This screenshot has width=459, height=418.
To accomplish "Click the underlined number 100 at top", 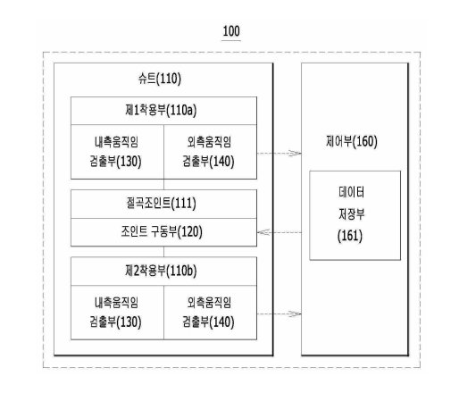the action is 231,31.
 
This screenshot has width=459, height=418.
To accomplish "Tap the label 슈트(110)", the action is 160,79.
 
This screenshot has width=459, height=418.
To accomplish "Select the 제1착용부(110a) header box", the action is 163,111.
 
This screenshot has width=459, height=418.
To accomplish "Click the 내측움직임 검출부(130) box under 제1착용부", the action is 117,152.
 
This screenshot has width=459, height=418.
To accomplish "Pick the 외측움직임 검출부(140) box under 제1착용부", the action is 210,152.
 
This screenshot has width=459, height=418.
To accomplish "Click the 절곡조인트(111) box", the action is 163,204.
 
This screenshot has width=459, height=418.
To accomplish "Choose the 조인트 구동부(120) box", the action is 163,232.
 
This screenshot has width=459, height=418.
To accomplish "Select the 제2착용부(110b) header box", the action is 163,272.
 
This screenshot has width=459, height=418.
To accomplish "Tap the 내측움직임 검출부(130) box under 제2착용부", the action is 117,313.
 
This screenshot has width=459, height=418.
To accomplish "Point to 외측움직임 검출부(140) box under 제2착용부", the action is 210,313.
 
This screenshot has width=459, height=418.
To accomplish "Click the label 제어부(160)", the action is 352,141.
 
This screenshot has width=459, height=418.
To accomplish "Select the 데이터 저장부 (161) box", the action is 355,215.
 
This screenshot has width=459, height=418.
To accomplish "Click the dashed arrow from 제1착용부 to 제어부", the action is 280,154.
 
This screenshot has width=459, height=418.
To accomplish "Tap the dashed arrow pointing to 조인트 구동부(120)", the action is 280,232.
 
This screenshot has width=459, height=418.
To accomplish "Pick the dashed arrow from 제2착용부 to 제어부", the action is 280,313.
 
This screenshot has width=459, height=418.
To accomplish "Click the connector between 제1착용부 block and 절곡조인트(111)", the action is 163,185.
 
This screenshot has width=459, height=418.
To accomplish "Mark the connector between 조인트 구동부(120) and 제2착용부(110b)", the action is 163,252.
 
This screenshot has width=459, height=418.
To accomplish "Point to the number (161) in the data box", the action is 350,236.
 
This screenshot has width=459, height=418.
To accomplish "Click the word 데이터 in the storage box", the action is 352,192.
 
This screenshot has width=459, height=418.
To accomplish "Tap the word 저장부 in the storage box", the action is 352,214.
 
